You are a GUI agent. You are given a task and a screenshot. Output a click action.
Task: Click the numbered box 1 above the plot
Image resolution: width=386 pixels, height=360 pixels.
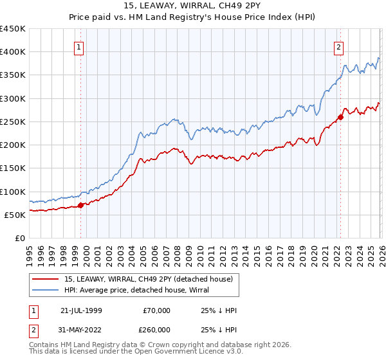(78, 46)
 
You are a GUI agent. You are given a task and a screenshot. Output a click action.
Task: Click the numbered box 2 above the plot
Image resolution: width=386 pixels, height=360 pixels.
(338, 46)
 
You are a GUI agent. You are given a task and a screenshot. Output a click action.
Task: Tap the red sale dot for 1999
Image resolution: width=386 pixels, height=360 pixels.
(81, 206)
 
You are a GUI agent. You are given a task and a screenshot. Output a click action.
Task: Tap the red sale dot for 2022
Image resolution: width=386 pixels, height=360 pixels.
(340, 117)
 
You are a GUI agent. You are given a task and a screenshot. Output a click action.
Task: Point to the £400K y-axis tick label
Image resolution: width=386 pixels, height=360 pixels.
(13, 52)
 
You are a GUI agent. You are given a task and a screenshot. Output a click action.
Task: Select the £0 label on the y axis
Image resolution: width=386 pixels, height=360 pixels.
(19, 238)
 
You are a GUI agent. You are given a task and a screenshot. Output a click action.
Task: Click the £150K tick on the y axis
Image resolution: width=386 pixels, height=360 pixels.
(13, 168)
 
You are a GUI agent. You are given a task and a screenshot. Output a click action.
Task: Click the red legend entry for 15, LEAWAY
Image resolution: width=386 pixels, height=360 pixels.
(152, 278)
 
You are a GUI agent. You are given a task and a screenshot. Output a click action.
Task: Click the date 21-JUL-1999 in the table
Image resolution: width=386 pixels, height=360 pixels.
(82, 310)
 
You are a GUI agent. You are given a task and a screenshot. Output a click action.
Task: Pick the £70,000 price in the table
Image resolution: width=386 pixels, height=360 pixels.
(157, 310)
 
